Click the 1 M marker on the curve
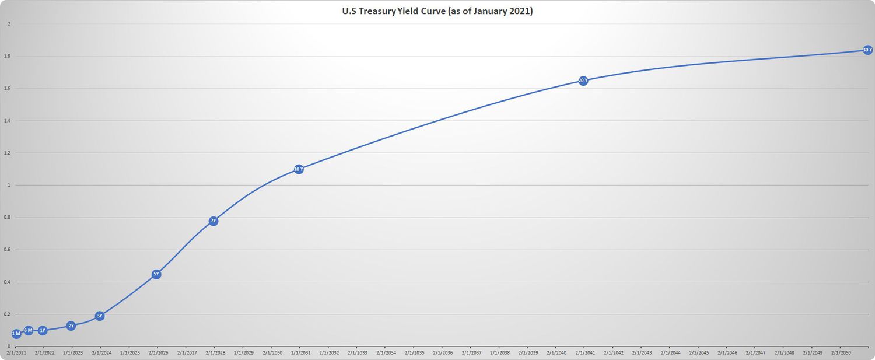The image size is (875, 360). (x=16, y=334)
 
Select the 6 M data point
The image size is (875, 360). (x=28, y=331)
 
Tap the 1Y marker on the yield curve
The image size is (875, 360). (x=43, y=331)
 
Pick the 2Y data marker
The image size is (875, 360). (x=71, y=326)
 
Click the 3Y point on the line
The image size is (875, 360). (x=100, y=316)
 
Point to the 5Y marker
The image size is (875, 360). (x=156, y=274)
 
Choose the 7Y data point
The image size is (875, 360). (x=213, y=221)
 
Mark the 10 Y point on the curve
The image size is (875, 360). (x=299, y=169)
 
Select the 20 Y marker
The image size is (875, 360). (x=583, y=81)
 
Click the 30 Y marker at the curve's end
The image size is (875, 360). (x=867, y=50)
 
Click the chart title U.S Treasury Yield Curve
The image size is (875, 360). (x=437, y=11)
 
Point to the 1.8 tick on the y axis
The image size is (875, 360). (x=8, y=57)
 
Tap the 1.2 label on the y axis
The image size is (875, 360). (x=8, y=153)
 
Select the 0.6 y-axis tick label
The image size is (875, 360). (x=8, y=250)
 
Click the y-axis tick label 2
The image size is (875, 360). (x=9, y=24)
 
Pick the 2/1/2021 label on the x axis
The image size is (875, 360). (x=16, y=353)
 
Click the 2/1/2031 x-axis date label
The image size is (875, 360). (x=300, y=353)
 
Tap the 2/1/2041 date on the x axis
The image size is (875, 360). (x=585, y=353)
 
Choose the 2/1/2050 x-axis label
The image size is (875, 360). (x=841, y=353)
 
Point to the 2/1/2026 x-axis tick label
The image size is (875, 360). (x=158, y=353)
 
